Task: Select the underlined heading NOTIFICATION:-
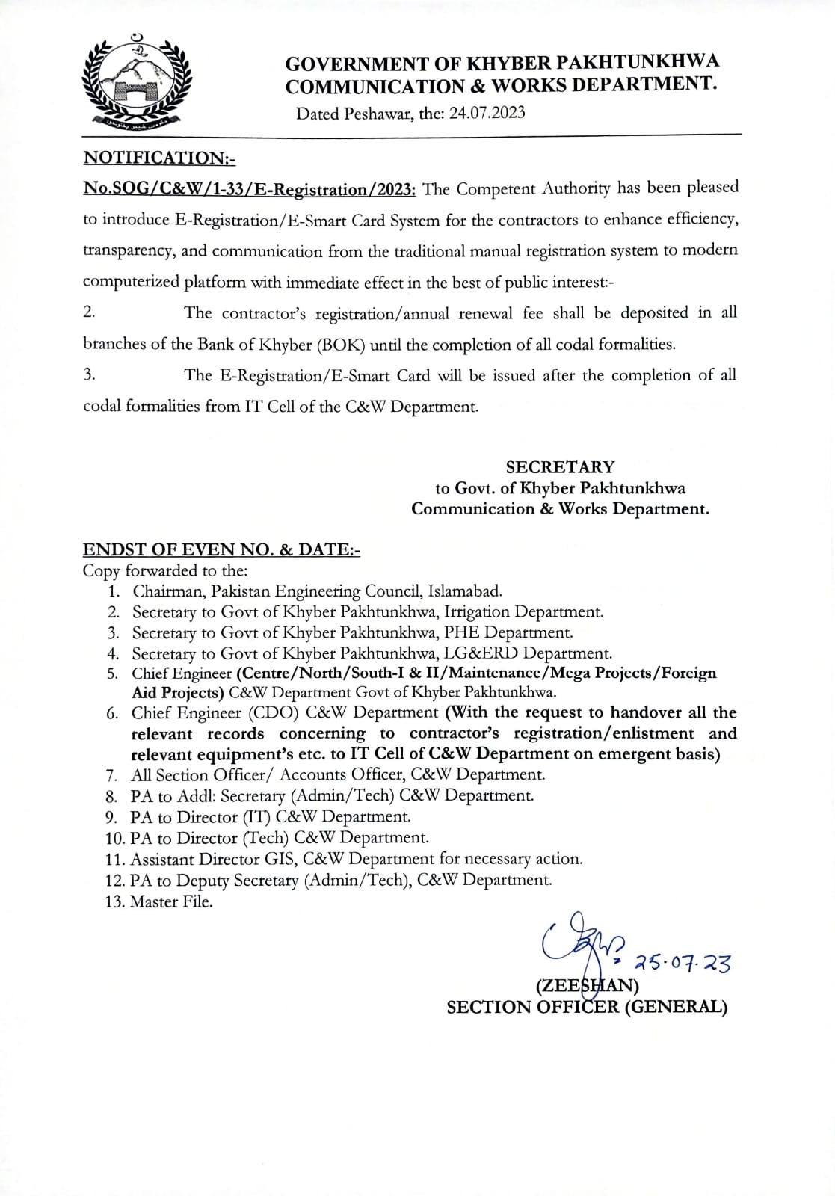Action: point(159,158)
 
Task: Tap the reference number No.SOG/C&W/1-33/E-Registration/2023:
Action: point(250,189)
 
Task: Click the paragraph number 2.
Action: point(89,312)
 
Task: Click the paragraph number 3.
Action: point(89,375)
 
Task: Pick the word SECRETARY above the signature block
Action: point(560,467)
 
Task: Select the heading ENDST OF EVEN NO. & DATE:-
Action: point(221,550)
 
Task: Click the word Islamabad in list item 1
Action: point(465,591)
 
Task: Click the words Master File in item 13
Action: point(171,901)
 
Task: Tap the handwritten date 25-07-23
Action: point(682,964)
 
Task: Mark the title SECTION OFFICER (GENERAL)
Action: point(587,1007)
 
